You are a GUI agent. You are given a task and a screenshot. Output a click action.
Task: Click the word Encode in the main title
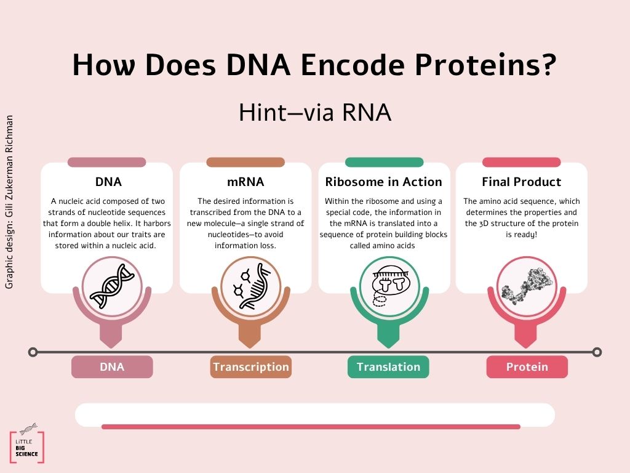[x=353, y=64]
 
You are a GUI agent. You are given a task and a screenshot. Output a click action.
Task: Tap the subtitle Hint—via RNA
[x=315, y=112]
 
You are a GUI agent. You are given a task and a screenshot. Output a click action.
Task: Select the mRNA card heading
[x=245, y=182]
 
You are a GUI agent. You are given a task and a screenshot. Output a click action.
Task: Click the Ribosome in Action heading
[x=384, y=182]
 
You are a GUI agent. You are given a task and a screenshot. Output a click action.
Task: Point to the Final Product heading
[x=522, y=182]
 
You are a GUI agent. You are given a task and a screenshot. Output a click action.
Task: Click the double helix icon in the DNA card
[x=112, y=286]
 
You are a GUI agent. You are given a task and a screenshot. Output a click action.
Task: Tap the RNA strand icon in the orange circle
[x=251, y=286]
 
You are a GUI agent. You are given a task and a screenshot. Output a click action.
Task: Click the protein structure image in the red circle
[x=527, y=286]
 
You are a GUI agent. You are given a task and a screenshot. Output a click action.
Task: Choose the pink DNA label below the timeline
[x=112, y=367]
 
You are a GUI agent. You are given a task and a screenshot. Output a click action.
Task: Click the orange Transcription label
[x=251, y=367]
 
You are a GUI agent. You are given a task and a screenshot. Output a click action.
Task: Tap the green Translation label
[x=388, y=367]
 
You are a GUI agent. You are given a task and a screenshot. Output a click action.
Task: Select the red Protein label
[x=527, y=367]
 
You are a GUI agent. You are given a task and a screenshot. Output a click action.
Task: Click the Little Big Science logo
[x=27, y=443]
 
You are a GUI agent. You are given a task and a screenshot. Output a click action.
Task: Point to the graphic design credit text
[x=9, y=202]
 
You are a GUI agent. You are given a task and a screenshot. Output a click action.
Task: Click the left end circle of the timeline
[x=33, y=352]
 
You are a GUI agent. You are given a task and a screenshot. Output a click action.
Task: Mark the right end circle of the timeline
[x=597, y=352]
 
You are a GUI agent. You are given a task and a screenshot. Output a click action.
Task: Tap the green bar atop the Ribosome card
[x=384, y=162]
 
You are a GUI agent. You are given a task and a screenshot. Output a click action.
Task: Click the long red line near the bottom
[x=311, y=427]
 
